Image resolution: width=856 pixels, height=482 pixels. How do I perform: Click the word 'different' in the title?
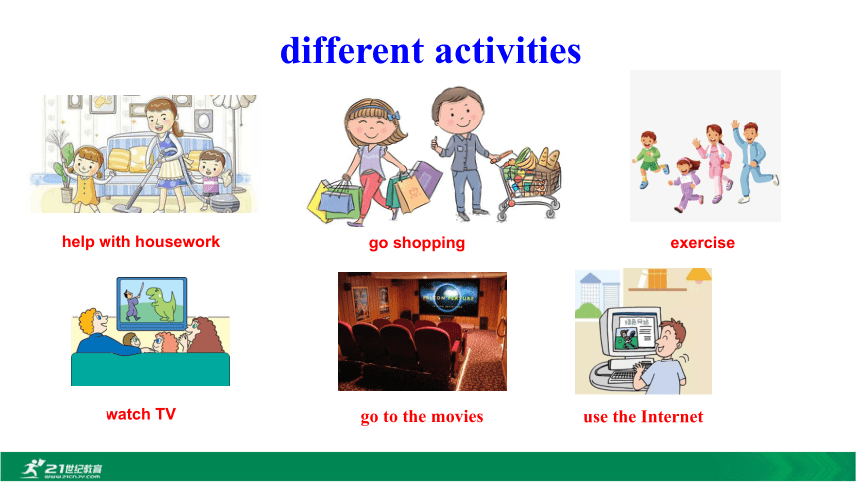click(351, 50)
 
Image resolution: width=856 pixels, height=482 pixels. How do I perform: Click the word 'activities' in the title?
click(508, 50)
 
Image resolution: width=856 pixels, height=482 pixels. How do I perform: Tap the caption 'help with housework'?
click(141, 242)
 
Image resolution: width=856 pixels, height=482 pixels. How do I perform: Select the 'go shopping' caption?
click(417, 243)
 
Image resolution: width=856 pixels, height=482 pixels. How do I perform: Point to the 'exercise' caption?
click(702, 243)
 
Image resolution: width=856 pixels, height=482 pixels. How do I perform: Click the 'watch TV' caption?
click(141, 414)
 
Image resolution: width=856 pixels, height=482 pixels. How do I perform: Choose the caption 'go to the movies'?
click(422, 417)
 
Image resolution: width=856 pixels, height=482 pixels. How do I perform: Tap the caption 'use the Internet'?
click(643, 417)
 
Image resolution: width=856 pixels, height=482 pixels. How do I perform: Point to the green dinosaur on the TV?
click(162, 304)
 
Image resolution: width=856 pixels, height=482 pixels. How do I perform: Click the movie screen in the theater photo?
click(449, 297)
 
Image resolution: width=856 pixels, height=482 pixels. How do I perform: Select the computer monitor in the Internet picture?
click(629, 334)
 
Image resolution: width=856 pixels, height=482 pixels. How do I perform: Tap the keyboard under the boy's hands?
click(624, 376)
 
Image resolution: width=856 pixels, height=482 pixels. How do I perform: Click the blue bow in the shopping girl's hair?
click(394, 116)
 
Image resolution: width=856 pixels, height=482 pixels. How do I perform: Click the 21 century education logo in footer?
click(61, 469)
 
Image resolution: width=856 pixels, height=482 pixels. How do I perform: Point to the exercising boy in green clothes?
click(650, 159)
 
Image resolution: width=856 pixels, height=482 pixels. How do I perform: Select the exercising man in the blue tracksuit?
click(753, 161)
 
